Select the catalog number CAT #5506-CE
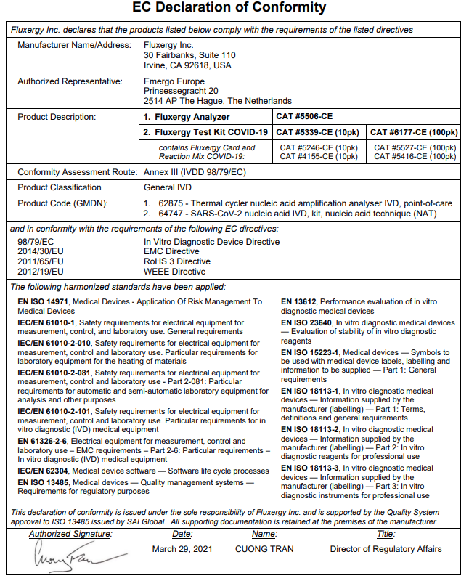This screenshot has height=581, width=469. click(304, 116)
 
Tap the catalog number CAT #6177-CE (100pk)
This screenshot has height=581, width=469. click(414, 132)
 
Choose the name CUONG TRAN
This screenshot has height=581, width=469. click(264, 549)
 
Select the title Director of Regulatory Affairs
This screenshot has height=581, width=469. click(386, 549)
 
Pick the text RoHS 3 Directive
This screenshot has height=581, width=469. click(177, 261)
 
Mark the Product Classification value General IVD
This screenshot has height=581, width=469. click(168, 187)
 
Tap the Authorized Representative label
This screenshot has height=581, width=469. click(70, 81)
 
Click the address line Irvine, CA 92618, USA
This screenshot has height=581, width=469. click(188, 65)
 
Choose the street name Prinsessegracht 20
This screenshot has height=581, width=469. click(182, 91)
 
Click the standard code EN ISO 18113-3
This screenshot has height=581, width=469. click(314, 468)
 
